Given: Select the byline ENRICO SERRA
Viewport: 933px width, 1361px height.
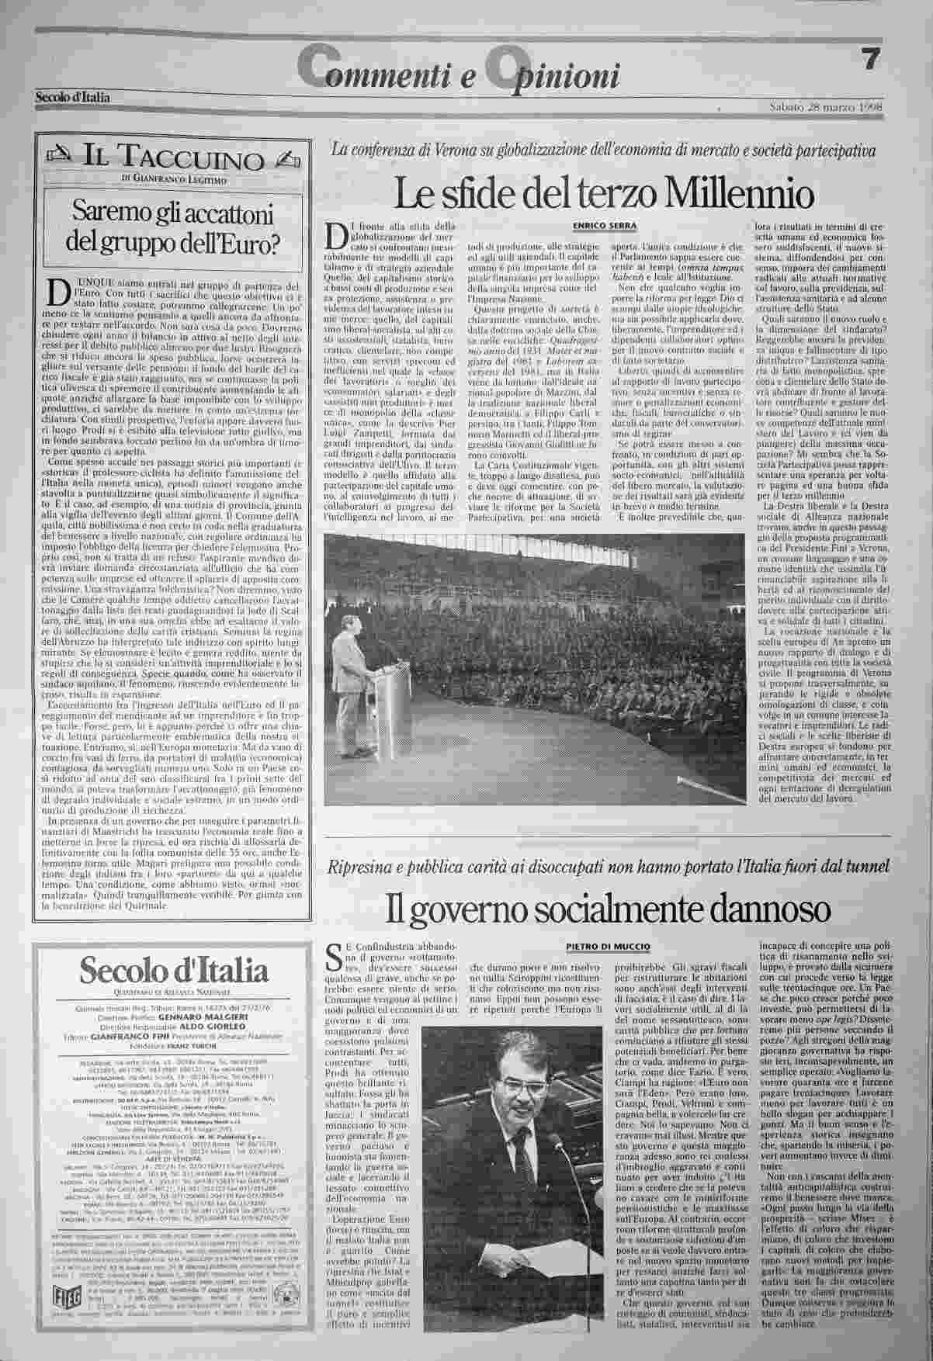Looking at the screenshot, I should (x=605, y=225).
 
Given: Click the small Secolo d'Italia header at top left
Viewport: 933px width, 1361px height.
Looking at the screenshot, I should (x=72, y=96).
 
